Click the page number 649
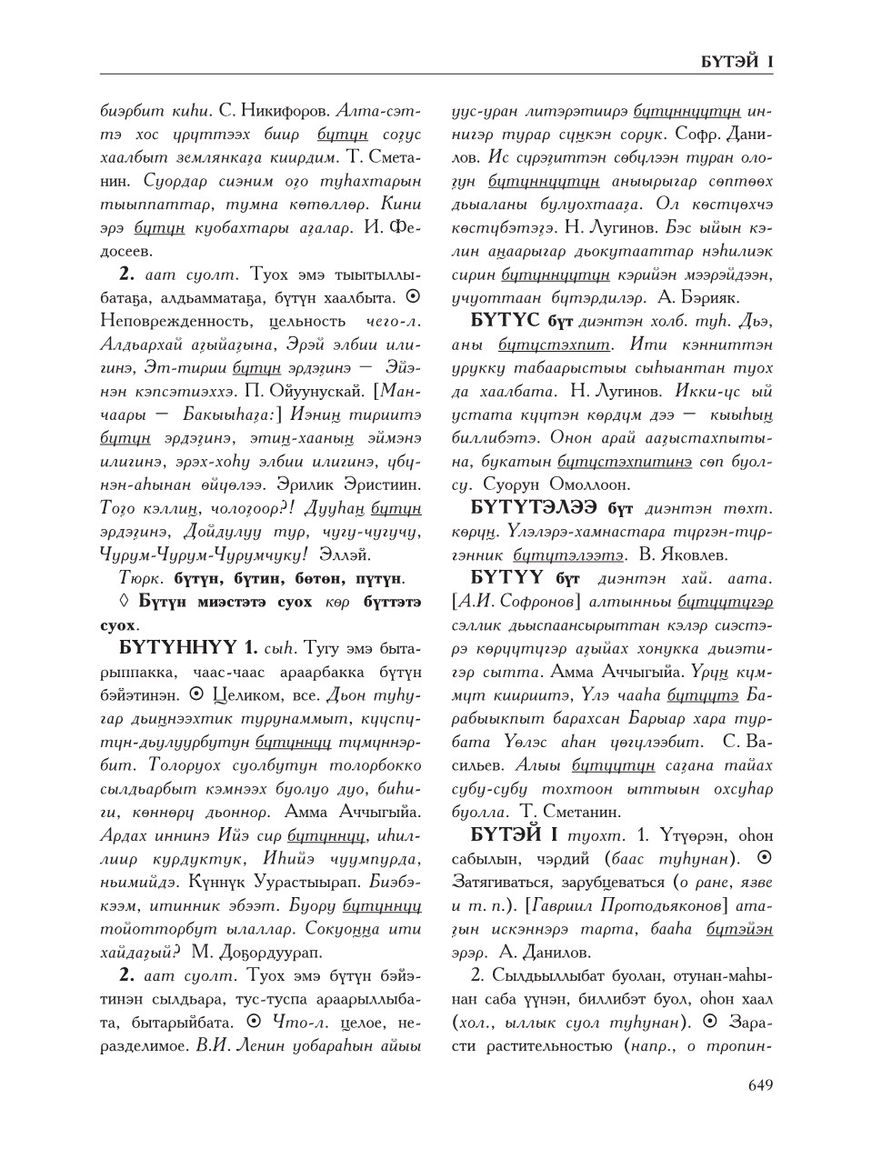tap(760, 1084)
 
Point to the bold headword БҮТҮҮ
tap(506, 577)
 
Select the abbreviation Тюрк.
tap(141, 577)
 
